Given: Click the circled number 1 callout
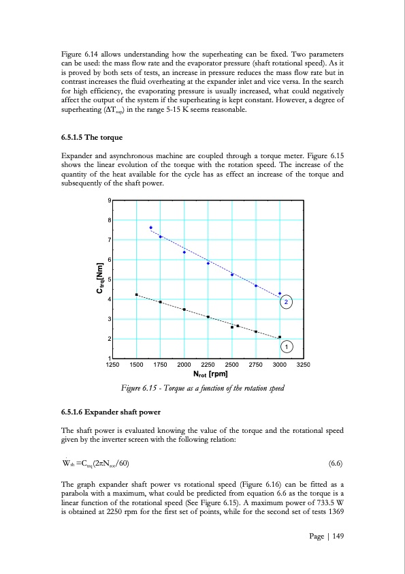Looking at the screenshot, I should click(x=287, y=347).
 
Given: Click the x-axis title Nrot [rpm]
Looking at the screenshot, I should click(x=210, y=374).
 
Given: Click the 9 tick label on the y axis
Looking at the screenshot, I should click(x=110, y=200).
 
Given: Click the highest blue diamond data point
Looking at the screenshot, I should click(x=150, y=228).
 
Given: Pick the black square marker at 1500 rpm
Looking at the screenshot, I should click(x=137, y=294).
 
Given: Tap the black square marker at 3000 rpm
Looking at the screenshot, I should click(x=280, y=337).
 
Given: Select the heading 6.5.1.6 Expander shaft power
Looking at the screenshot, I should click(x=113, y=412).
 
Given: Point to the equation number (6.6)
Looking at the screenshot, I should click(x=336, y=466).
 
